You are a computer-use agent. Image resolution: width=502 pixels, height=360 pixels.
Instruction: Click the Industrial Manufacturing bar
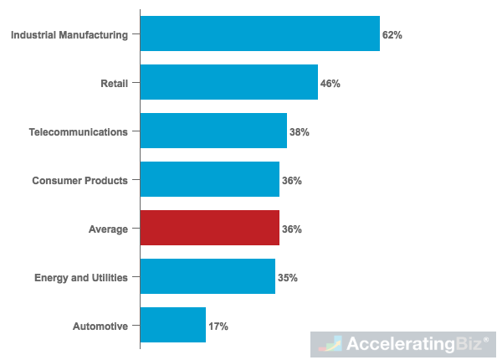point(259,34)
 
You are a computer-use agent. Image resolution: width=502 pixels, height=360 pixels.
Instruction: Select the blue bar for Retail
point(228,83)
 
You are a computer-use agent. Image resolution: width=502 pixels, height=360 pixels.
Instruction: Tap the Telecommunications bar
point(213,131)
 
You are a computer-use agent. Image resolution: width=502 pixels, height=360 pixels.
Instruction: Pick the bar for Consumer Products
point(209,180)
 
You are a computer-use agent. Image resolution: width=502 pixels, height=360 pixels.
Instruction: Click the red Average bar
point(209,229)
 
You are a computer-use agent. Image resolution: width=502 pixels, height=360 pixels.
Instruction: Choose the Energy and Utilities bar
point(207,277)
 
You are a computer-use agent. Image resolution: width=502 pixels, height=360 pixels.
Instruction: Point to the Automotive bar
point(172,326)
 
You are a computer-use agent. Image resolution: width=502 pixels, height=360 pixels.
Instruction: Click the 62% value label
point(393,35)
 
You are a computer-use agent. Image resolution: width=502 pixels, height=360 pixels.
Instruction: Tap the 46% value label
point(330,84)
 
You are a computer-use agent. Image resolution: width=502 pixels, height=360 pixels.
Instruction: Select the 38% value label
point(300,132)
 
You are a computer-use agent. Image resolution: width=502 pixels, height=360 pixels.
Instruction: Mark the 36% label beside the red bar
point(292,229)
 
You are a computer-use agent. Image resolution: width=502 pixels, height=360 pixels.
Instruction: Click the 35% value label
point(288,278)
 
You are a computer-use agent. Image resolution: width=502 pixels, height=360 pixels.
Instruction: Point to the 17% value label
point(218,327)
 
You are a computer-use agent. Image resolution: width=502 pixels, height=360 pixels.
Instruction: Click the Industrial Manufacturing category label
point(69,35)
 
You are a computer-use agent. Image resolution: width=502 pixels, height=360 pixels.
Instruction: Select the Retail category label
point(113,84)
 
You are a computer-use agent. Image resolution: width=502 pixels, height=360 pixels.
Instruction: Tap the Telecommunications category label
point(79,132)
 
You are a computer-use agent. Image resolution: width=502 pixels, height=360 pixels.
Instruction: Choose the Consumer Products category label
point(80,181)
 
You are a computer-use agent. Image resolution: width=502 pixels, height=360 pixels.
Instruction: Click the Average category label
point(108,229)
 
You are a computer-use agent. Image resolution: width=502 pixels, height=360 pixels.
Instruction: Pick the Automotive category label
point(101,327)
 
